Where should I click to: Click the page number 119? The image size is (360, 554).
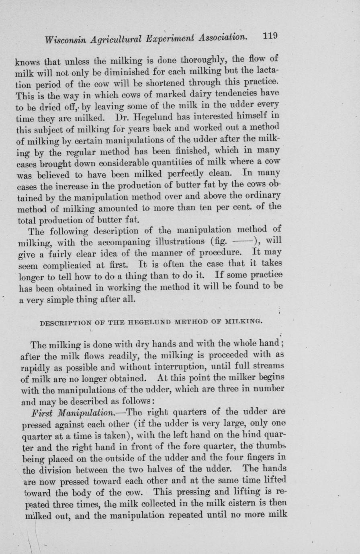pyautogui.click(x=270, y=35)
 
